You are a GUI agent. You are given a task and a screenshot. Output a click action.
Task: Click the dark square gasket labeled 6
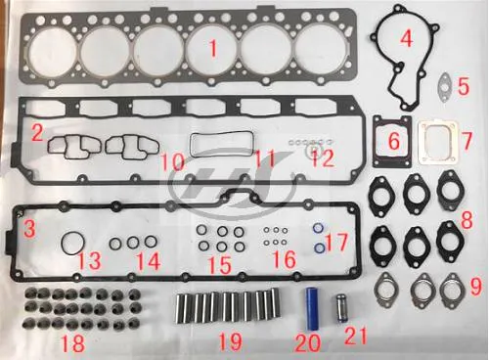click(391, 142)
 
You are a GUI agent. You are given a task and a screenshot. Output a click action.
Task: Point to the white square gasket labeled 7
click(439, 143)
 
